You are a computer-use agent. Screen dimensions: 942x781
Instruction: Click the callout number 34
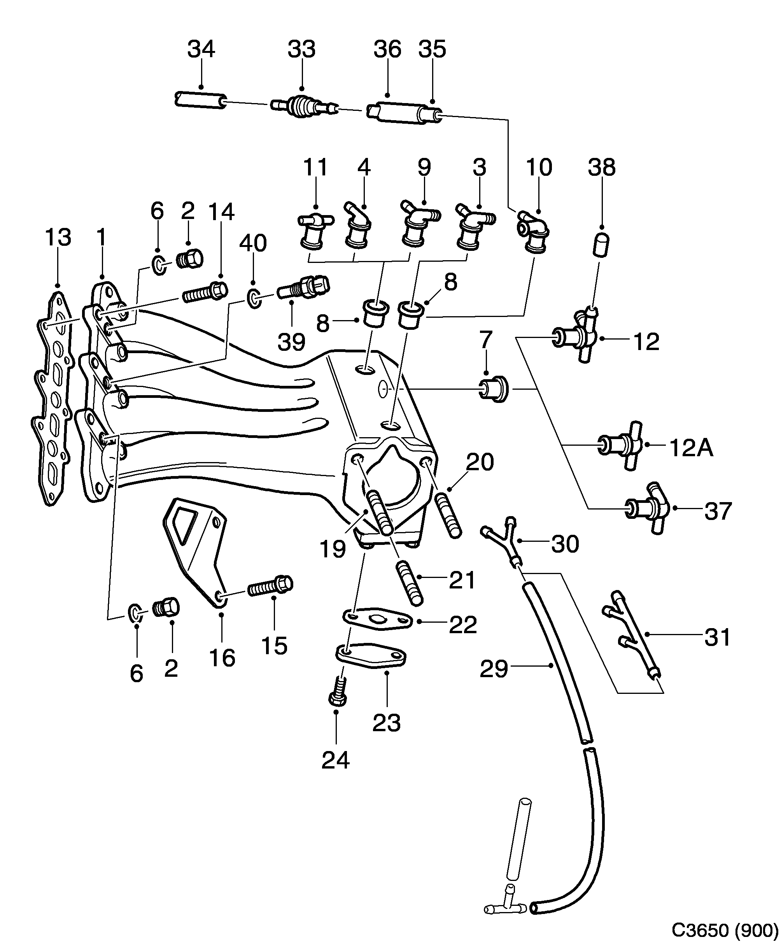[201, 49]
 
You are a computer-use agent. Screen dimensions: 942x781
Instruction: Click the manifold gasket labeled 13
[53, 399]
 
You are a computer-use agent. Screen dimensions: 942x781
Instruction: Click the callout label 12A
[690, 448]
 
